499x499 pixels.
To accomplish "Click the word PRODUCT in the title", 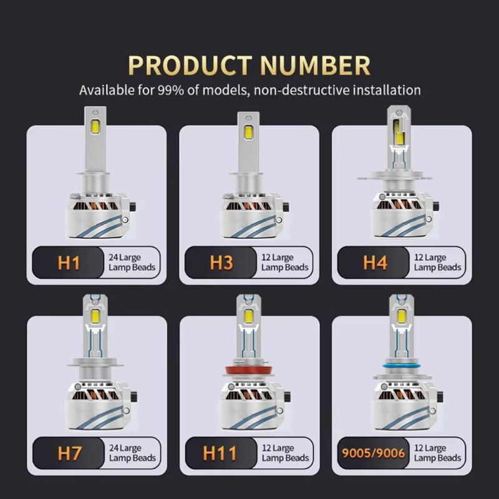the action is (190, 65).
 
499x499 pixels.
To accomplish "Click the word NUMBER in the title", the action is (316, 65).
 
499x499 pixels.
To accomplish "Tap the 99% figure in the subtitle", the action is (171, 90).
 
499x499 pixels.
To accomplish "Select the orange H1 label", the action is (69, 263).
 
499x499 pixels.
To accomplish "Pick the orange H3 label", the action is (221, 263).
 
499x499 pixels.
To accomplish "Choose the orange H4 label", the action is (375, 263).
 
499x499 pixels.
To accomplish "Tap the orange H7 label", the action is (70, 453).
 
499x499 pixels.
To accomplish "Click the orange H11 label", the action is (220, 453).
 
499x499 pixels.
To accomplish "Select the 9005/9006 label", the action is (373, 453).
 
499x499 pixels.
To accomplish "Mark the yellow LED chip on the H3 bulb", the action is (248, 132).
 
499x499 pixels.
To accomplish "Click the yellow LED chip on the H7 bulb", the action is (95, 315).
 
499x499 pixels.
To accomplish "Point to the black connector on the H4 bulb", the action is (436, 205).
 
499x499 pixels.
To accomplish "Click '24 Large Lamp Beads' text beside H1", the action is (132, 262).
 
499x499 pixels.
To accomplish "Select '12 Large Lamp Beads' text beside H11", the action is (285, 453).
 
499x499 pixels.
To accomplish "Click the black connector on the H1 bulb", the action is (133, 206).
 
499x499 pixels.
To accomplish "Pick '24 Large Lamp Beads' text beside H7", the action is (132, 453).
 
